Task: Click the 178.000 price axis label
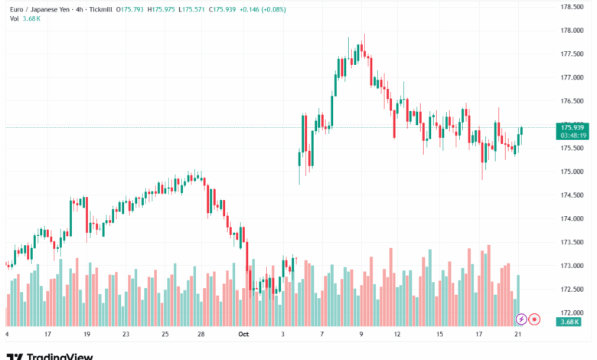click(x=574, y=30)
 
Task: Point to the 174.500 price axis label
click(x=574, y=195)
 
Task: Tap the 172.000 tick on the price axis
click(x=574, y=313)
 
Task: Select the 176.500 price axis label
click(x=574, y=100)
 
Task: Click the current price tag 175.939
click(x=573, y=127)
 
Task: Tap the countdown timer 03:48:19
click(x=573, y=135)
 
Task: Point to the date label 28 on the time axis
click(x=201, y=334)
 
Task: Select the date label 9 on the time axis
click(x=361, y=334)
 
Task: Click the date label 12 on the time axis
click(x=398, y=334)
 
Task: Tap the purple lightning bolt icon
click(x=521, y=319)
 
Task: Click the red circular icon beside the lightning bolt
click(x=535, y=319)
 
